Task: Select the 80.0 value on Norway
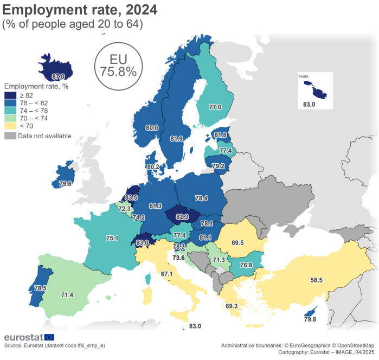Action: tap(152, 128)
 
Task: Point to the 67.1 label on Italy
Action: tap(166, 274)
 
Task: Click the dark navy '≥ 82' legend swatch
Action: tap(10, 95)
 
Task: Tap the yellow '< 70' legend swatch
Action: tap(10, 126)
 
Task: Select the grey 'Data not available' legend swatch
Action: tap(10, 136)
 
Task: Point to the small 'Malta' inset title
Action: tap(304, 76)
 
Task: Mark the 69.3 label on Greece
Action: tap(232, 306)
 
